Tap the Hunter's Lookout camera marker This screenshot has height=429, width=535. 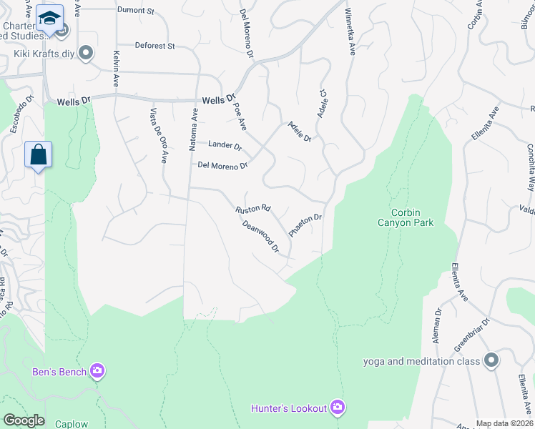click(x=338, y=408)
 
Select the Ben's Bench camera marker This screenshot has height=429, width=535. click(x=97, y=371)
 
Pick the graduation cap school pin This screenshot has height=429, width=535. click(x=49, y=16)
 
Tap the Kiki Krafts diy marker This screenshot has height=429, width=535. click(x=87, y=53)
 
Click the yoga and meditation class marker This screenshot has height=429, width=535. click(x=491, y=360)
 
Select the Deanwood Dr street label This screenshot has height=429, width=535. click(x=260, y=236)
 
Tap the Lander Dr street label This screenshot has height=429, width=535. click(x=225, y=145)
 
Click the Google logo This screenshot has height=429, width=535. click(x=24, y=420)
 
